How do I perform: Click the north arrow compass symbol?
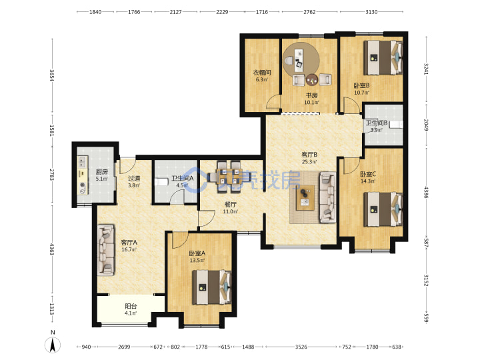tap(53, 345)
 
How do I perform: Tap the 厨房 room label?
tap(101, 172)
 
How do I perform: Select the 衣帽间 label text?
tap(262, 73)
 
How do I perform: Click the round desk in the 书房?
tap(301, 60)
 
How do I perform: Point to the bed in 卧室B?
tap(383, 57)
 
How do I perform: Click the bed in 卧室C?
tap(383, 209)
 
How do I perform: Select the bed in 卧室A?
tap(212, 287)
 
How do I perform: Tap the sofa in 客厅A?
tap(106, 250)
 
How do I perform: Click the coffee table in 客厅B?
tap(305, 197)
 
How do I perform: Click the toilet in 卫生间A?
tap(161, 182)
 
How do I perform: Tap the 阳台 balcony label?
tap(131, 306)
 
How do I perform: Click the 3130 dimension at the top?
tap(371, 12)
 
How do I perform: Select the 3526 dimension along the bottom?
tap(301, 347)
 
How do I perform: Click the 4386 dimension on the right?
tap(426, 192)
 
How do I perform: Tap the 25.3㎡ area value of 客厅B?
tap(309, 161)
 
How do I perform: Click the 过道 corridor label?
tap(134, 178)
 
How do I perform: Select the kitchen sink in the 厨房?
tap(82, 161)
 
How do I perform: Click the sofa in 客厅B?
tap(327, 197)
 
